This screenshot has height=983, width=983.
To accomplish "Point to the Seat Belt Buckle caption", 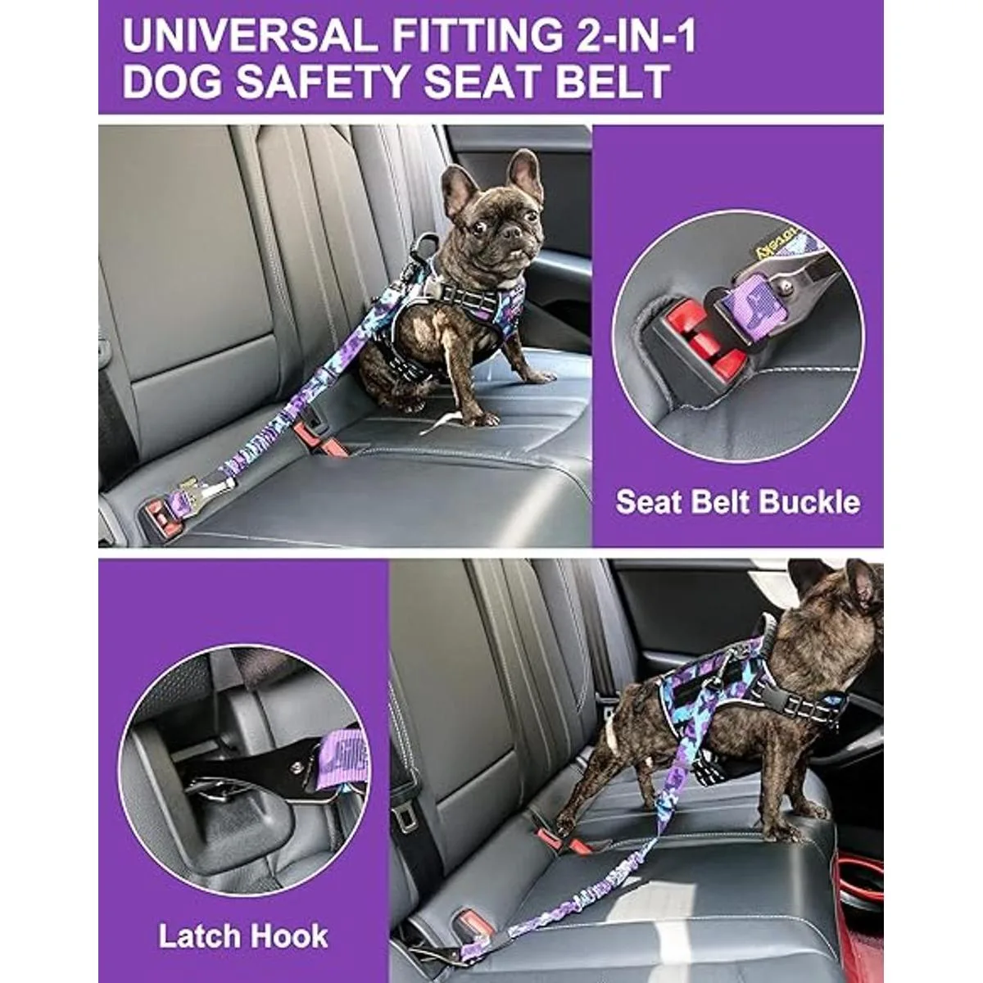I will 737,501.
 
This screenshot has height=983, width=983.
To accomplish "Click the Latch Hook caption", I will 243,935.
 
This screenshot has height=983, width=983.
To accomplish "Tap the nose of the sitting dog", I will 514,233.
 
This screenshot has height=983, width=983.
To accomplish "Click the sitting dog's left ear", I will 524,172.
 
